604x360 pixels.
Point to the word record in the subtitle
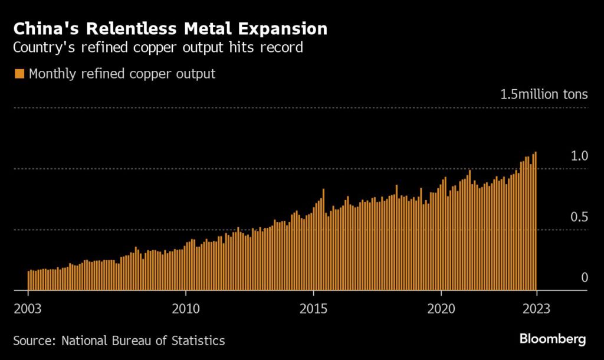[283, 47]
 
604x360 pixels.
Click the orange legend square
[19, 74]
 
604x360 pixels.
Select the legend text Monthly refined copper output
[122, 74]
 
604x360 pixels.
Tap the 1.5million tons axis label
[544, 94]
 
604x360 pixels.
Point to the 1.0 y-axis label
[580, 156]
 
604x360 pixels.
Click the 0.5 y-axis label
[580, 217]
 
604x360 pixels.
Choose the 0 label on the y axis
[585, 277]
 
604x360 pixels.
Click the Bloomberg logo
[553, 339]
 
